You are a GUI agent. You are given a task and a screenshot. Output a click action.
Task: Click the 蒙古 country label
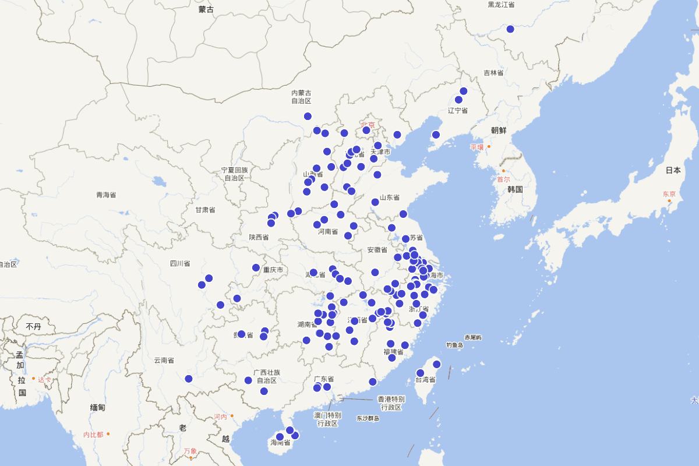pos(206,9)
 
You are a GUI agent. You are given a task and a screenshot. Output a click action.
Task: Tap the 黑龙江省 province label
pos(501,5)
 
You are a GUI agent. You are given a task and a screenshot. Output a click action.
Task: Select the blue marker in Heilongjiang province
pos(510,29)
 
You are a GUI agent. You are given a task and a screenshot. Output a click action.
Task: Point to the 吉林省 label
pos(493,73)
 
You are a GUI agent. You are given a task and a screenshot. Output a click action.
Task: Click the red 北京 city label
pos(368,124)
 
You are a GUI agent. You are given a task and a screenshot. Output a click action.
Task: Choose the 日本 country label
pos(673,171)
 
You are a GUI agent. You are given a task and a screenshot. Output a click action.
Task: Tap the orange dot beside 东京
pos(669,201)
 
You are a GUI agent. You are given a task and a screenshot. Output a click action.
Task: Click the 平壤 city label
pos(477,147)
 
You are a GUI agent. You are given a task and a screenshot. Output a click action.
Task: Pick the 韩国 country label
pos(515,189)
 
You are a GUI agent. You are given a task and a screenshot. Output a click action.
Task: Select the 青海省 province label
pos(106,195)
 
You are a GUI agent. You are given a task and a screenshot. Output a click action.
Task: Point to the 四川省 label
pos(180,263)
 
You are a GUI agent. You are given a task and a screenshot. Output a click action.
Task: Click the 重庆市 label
pos(273,270)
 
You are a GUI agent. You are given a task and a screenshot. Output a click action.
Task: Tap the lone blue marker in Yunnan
pos(189,379)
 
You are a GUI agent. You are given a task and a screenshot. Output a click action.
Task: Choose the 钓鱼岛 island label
pos(455,345)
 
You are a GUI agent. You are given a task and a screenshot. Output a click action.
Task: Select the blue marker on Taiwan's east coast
pos(437,365)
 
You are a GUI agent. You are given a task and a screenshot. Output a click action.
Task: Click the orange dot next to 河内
pos(232,415)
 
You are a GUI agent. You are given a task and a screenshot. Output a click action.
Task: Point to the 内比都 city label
pos(93,435)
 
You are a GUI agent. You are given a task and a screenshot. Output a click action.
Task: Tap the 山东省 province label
pos(390,197)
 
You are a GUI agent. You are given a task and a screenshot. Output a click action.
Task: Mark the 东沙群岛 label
pos(368,418)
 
